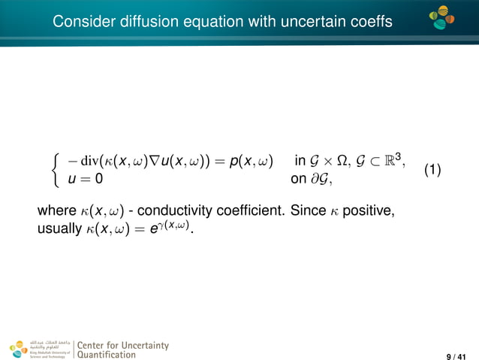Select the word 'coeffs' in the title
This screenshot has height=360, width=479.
(369, 23)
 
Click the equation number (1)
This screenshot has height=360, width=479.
(432, 170)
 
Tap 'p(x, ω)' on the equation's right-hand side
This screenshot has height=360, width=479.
(251, 161)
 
